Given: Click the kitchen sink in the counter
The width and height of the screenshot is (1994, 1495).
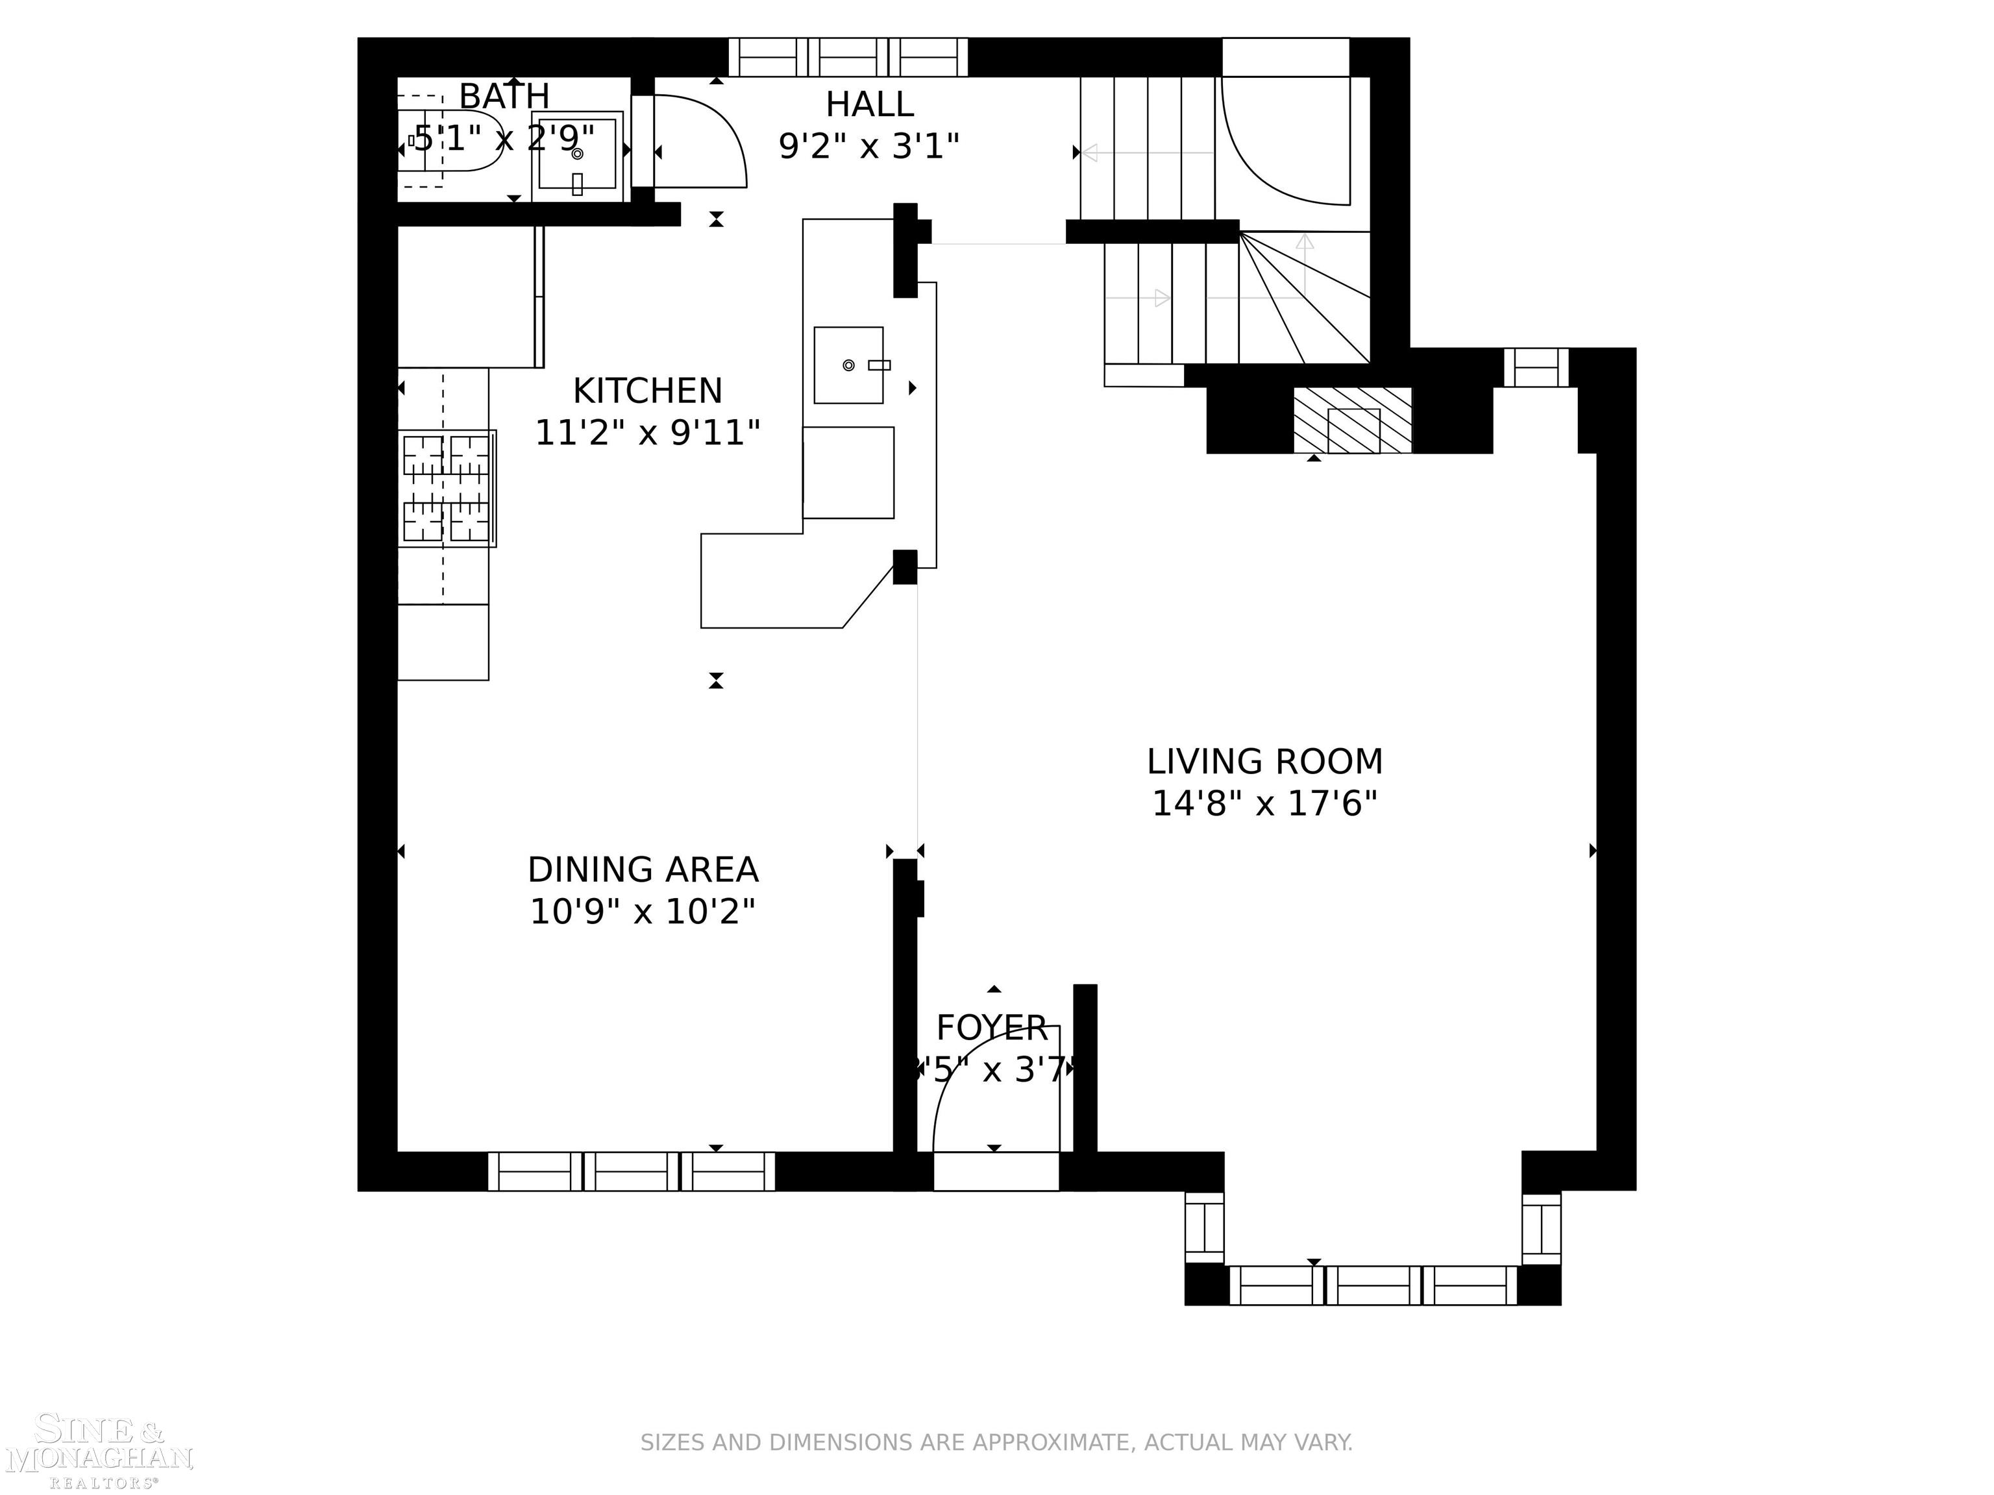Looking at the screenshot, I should [848, 365].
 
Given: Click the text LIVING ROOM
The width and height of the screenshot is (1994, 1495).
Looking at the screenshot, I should [1264, 762].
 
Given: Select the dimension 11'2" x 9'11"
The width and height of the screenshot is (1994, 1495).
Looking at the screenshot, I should [647, 433].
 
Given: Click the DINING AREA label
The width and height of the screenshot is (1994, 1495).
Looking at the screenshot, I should [643, 869].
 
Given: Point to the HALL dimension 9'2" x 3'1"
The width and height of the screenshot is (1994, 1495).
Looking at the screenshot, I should [869, 145].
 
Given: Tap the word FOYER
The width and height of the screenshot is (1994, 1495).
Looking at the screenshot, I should [992, 1027].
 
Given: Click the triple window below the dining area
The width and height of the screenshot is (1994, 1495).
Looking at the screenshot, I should [631, 1171].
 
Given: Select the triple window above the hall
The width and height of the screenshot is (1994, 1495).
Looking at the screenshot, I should [847, 56].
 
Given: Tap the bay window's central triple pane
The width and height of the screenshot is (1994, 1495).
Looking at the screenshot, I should [1373, 1285].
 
